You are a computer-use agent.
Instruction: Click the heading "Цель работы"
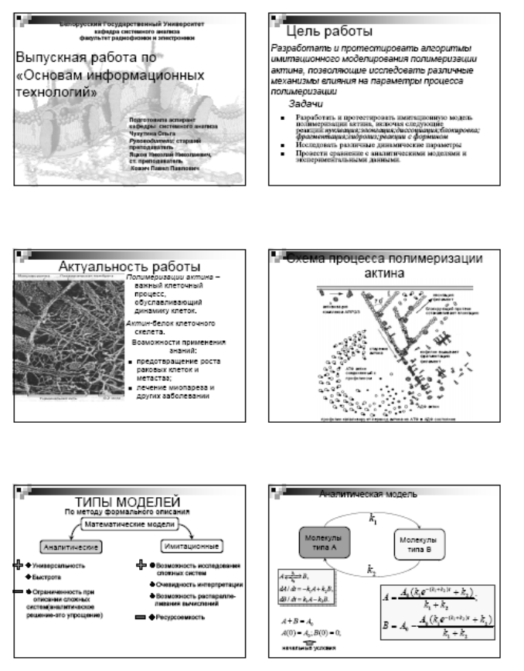pos(329,32)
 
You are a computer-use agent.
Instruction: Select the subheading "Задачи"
pos(310,102)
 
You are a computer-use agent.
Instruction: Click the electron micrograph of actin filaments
pos(70,337)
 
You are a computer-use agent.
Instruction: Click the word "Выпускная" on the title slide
pos(53,59)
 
